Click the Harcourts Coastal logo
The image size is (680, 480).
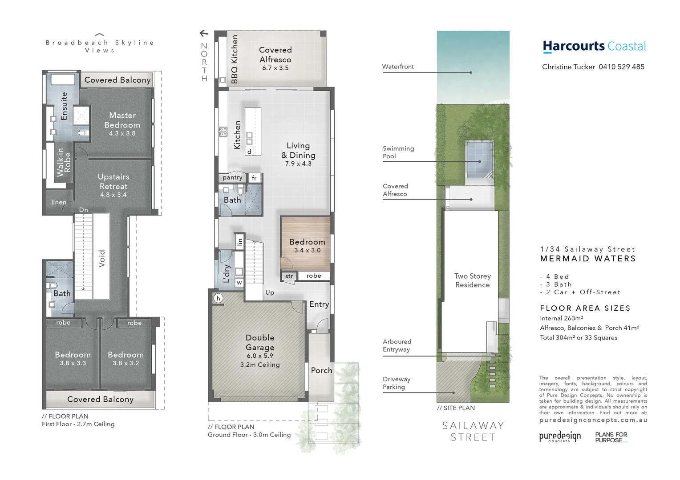click(594, 46)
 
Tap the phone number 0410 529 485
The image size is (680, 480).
click(621, 67)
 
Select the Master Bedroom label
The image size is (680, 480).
click(122, 120)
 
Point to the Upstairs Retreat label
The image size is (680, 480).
click(113, 182)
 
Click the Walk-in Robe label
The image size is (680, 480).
click(63, 163)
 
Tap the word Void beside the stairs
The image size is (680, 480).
click(101, 258)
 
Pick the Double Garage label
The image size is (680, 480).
click(260, 343)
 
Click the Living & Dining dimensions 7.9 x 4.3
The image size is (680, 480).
click(298, 164)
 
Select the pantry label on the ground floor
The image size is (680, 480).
click(232, 177)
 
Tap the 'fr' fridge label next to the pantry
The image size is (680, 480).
click(254, 178)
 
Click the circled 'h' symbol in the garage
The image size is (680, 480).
click(218, 298)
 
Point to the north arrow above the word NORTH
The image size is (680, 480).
click(204, 33)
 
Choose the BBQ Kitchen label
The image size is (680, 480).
click(235, 59)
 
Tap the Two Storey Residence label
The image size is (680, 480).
click(472, 280)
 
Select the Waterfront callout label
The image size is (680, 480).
click(398, 67)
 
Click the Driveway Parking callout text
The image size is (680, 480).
click(397, 383)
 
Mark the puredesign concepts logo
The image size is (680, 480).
click(560, 436)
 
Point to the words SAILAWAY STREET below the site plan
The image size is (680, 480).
click(473, 432)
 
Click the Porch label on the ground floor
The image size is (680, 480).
click(321, 370)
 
